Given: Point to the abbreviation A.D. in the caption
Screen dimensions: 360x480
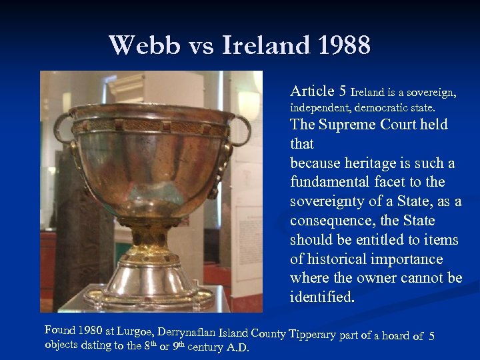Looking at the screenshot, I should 238,347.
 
